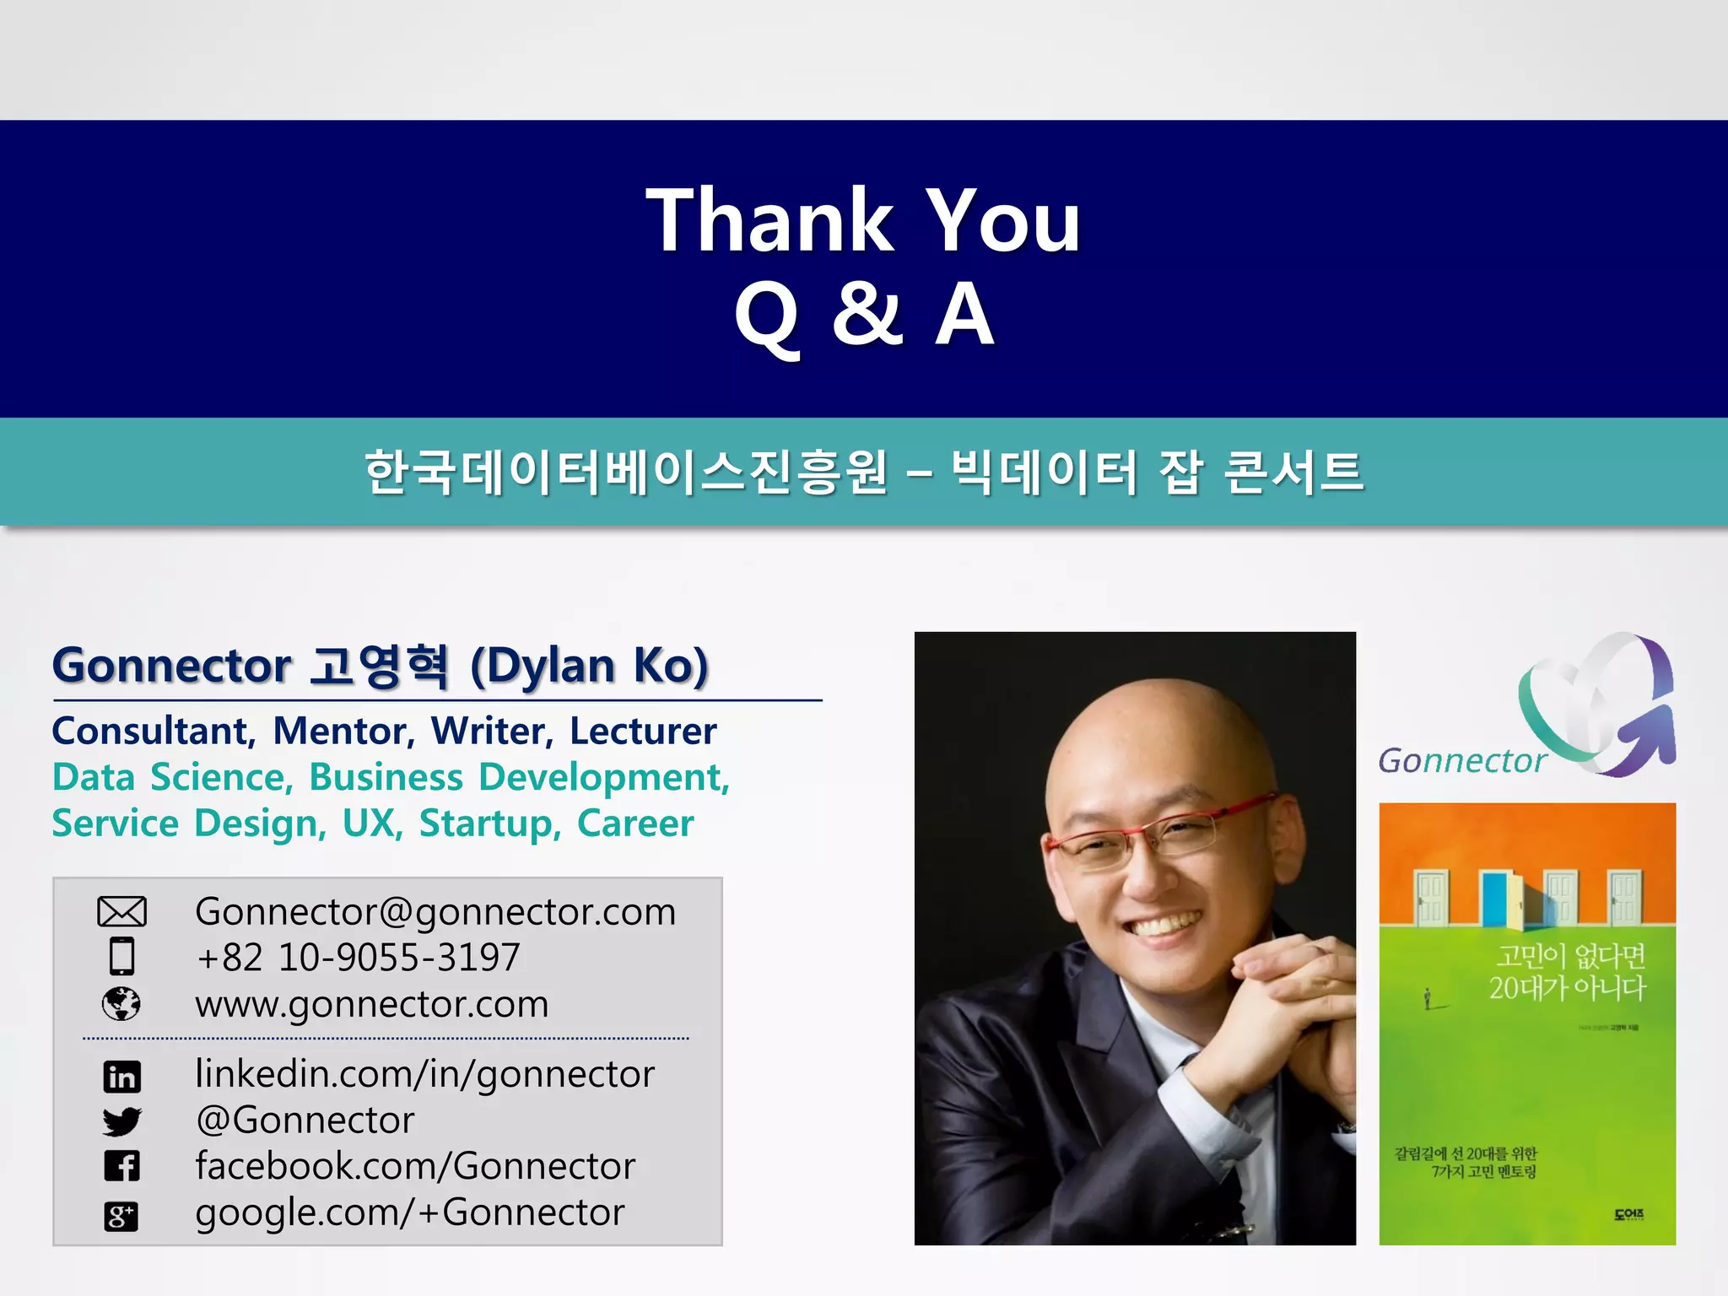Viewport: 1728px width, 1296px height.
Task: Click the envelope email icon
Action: pyautogui.click(x=121, y=912)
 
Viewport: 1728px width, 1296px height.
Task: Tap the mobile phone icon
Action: pyautogui.click(x=121, y=957)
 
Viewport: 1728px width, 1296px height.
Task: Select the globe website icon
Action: pyautogui.click(x=121, y=1003)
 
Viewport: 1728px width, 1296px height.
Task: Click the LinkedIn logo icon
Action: pyautogui.click(x=121, y=1076)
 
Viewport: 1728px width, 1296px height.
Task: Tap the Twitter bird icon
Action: pyautogui.click(x=121, y=1121)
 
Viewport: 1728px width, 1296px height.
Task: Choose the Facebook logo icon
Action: pyautogui.click(x=121, y=1166)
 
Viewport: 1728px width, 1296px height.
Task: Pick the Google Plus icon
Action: pyautogui.click(x=121, y=1216)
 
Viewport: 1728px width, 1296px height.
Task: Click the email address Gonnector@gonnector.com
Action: pyautogui.click(x=435, y=912)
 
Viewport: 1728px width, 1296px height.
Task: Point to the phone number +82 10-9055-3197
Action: pyautogui.click(x=358, y=958)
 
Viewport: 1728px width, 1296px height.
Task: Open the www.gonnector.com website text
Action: pyautogui.click(x=372, y=1004)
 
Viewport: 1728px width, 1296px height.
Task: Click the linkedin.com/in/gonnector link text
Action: pyautogui.click(x=424, y=1074)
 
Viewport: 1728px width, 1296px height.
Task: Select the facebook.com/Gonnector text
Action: pyautogui.click(x=415, y=1166)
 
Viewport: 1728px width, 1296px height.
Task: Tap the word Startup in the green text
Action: pyautogui.click(x=489, y=823)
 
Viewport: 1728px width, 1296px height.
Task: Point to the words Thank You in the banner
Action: pyautogui.click(x=862, y=220)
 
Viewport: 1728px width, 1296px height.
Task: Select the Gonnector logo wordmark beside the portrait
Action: pyautogui.click(x=1461, y=761)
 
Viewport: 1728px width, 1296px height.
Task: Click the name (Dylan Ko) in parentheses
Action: pyautogui.click(x=589, y=666)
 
